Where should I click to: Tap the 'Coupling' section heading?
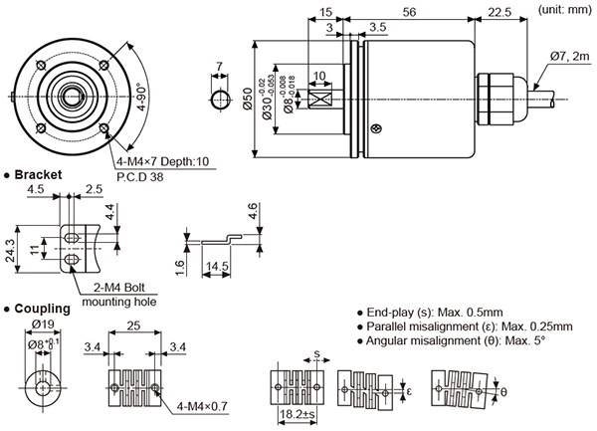[x=41, y=308]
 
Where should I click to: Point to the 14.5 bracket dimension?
[x=217, y=268]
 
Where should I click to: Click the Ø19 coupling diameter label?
[x=43, y=323]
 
